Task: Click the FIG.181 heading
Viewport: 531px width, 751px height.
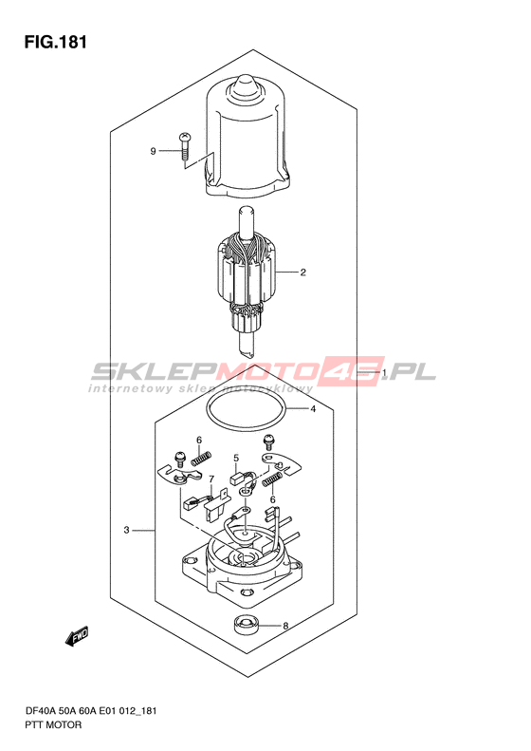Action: [56, 42]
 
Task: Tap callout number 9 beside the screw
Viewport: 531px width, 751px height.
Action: [153, 151]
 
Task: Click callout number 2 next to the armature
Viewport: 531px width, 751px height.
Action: [302, 272]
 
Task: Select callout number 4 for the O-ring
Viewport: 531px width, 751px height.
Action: [313, 409]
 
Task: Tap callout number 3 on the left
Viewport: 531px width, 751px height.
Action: [126, 530]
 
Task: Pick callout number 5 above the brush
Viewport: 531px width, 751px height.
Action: [236, 459]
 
